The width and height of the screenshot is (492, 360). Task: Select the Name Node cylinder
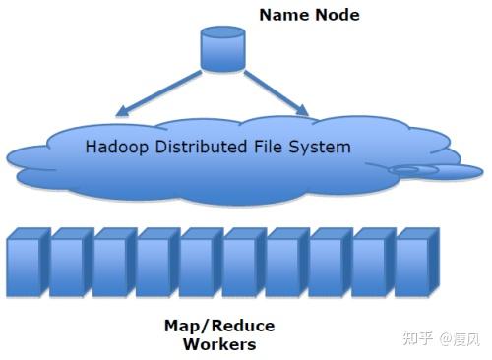222,49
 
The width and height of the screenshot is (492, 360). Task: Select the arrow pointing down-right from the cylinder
279,90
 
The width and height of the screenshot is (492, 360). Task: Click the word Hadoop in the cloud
115,150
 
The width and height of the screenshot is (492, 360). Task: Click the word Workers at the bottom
219,344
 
